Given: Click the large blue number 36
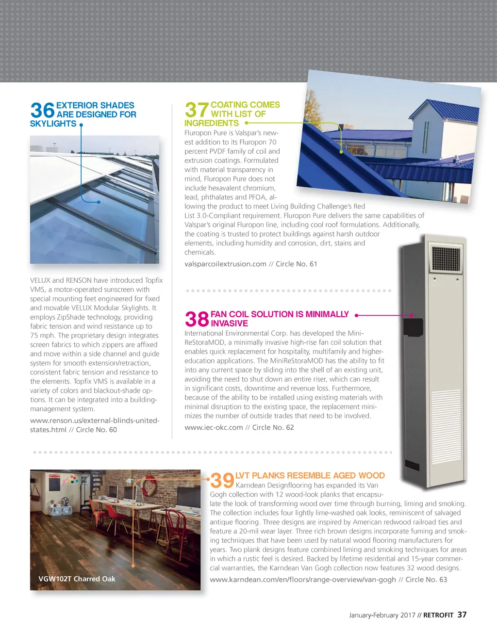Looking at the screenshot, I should (42, 110).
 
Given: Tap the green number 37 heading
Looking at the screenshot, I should (197, 110).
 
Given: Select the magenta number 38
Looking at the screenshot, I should (197, 319).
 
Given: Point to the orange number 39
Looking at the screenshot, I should (222, 481).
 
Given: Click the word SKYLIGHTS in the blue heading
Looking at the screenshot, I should (53, 124).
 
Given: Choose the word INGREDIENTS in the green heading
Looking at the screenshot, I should (212, 123).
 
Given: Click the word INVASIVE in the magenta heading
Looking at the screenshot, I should (229, 324).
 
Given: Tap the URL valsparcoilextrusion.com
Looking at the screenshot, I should (225, 264).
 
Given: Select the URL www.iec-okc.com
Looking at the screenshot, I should (214, 427).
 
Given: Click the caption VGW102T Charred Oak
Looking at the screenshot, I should (77, 579).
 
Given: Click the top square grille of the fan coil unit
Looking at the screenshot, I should (446, 259).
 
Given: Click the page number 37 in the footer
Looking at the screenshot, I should (462, 615).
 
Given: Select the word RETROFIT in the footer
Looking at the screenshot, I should (438, 615).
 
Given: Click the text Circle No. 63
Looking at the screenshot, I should (426, 580).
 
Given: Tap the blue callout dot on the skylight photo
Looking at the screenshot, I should (99, 202).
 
